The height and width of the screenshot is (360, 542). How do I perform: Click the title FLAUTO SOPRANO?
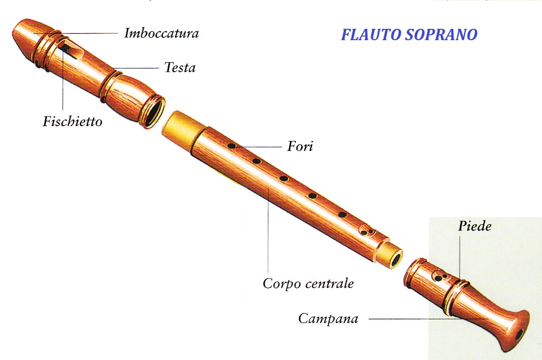(x=409, y=35)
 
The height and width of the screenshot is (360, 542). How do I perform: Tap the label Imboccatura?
(x=161, y=33)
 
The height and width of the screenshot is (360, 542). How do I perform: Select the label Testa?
(x=180, y=68)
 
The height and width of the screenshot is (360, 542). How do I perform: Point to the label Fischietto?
(x=72, y=122)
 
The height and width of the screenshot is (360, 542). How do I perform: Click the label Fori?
(x=300, y=146)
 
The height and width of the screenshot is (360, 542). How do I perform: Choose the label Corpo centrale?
(x=308, y=284)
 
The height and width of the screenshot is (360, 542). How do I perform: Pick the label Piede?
(x=474, y=226)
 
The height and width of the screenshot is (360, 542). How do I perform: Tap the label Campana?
(x=328, y=319)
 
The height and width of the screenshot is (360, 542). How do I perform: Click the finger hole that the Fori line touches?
(x=232, y=146)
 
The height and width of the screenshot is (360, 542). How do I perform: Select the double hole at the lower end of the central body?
(x=367, y=232)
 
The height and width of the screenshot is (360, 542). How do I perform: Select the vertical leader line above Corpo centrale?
(x=268, y=230)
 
